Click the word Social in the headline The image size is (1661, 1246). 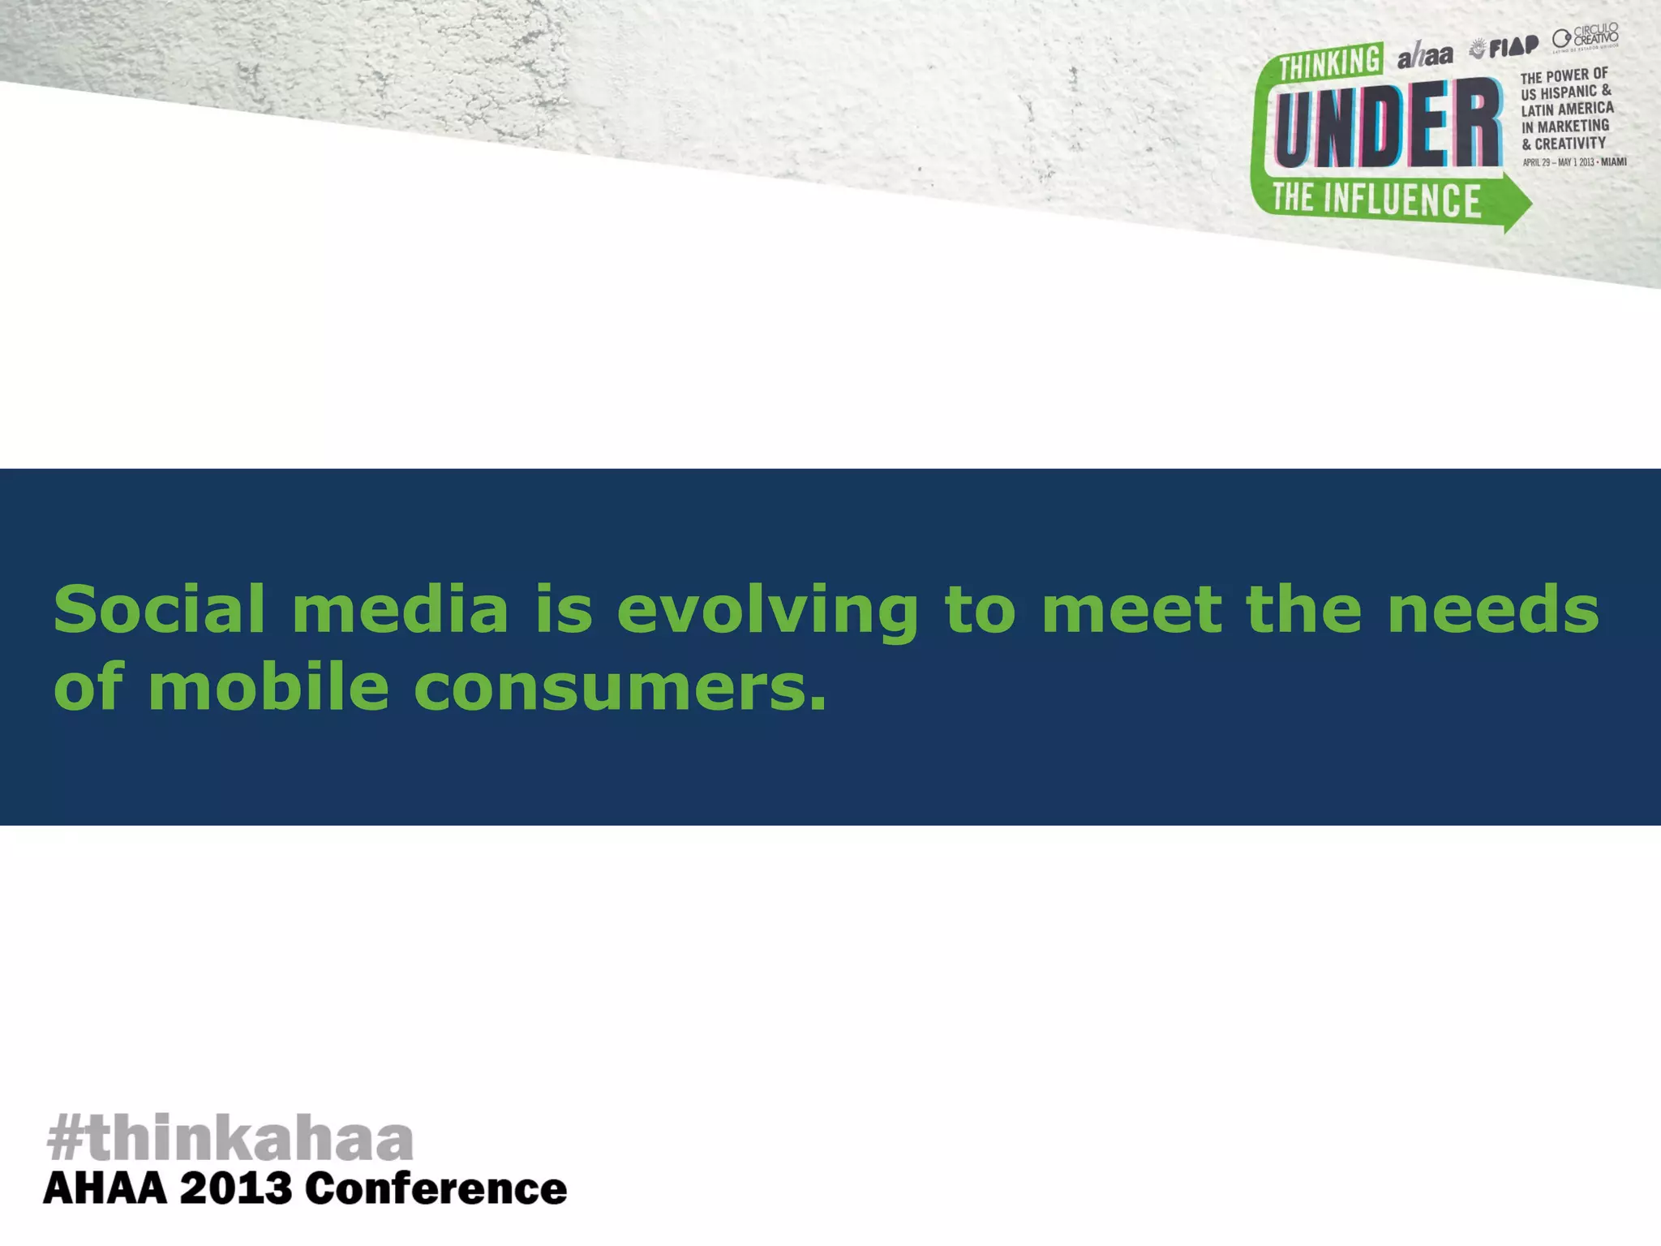click(159, 609)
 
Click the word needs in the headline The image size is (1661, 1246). click(1493, 609)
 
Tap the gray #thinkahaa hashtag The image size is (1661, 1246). click(230, 1138)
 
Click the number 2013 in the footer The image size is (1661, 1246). click(235, 1190)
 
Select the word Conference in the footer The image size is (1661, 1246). click(436, 1190)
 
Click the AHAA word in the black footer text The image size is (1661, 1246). click(105, 1190)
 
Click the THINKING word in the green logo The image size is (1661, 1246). click(1330, 62)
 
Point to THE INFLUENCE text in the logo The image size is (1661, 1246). click(1376, 200)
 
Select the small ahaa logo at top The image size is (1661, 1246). click(1425, 55)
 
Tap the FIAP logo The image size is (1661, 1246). click(1505, 48)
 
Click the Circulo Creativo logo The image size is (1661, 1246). click(1586, 37)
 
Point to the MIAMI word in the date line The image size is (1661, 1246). click(1613, 161)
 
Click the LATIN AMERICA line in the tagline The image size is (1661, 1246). click(1567, 109)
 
